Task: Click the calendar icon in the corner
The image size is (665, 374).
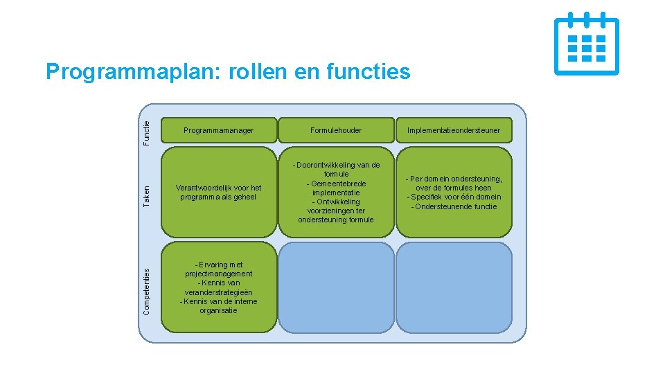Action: coord(586,43)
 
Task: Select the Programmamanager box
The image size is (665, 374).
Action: coord(218,130)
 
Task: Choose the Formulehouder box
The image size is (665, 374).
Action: coord(336,130)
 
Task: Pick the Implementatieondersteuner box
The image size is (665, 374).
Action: coord(454,130)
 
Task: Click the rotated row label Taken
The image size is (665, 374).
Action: coord(147,194)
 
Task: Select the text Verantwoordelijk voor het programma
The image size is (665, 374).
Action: coord(218,192)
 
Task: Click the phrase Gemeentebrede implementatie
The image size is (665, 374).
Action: coord(337,188)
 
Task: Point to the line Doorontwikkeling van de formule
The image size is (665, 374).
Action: coord(337,169)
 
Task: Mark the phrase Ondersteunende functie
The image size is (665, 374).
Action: coord(454,206)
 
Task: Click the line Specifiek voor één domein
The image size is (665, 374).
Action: coord(454,197)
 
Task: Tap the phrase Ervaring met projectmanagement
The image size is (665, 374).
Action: coord(218,269)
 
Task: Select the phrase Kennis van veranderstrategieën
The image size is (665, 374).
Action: coord(218,287)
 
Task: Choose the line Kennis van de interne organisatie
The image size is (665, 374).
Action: coord(218,305)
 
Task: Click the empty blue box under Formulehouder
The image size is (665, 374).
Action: coord(336,287)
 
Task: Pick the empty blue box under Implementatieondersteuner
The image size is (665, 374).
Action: coord(454,287)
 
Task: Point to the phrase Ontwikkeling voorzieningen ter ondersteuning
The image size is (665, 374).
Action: coord(337,211)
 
